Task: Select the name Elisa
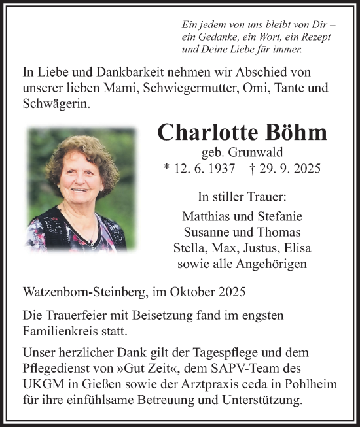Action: [300, 248]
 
